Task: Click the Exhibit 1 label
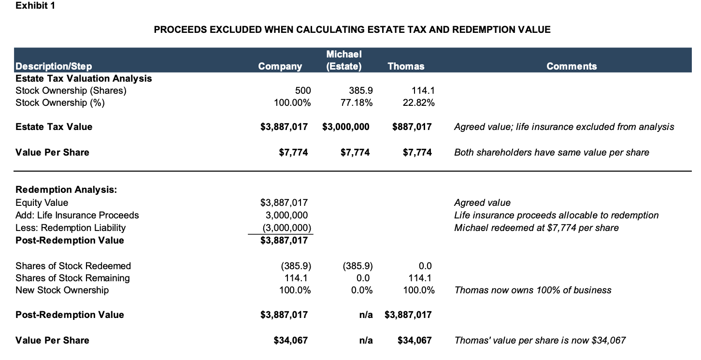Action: coord(35,6)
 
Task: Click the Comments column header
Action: coord(572,66)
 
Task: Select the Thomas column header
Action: coord(406,66)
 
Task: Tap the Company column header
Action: coord(280,66)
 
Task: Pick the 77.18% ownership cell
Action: coord(358,102)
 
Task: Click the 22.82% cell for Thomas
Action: coord(420,102)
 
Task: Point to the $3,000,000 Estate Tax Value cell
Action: coord(345,127)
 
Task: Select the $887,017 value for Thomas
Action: coord(412,127)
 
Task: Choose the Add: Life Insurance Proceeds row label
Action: coord(77,215)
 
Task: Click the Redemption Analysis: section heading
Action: coord(66,189)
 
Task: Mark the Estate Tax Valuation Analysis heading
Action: coord(84,78)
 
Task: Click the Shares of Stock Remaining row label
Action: coord(72,278)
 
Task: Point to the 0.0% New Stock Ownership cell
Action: coord(359,290)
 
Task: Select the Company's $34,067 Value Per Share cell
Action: coord(290,340)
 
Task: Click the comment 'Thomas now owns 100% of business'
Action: coord(532,290)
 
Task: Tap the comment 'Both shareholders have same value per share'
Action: coord(551,152)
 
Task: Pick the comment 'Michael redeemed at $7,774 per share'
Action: coord(536,228)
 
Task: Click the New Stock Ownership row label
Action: coord(62,290)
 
